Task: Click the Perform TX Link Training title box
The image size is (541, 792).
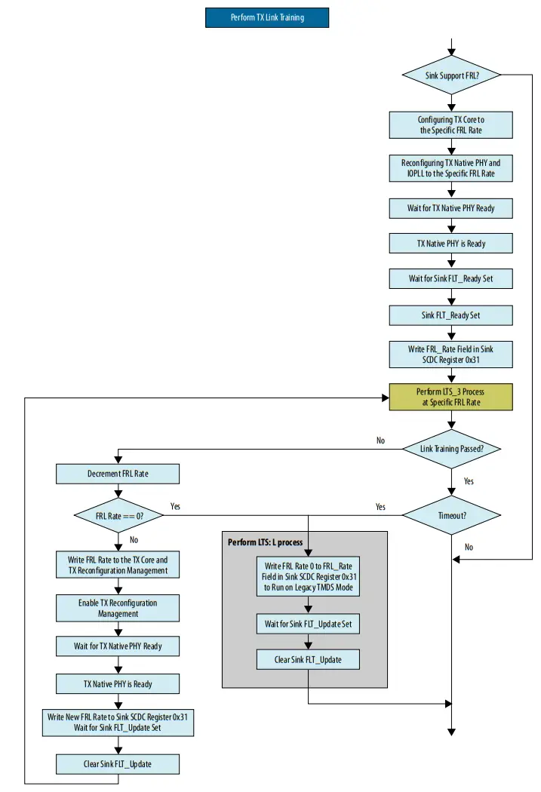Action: tap(267, 17)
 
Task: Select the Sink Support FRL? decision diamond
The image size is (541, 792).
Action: tap(450, 75)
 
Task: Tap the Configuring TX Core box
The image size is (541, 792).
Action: tap(450, 125)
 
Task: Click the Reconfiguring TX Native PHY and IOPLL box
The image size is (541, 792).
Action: tap(450, 168)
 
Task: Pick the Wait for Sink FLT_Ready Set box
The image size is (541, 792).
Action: tap(450, 278)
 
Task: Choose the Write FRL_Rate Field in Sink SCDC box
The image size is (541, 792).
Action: tap(450, 355)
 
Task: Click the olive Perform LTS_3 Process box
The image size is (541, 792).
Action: tap(450, 397)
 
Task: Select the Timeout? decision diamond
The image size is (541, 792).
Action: tap(450, 516)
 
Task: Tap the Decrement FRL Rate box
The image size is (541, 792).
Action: tap(118, 474)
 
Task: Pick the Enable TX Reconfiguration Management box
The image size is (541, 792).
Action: tap(118, 608)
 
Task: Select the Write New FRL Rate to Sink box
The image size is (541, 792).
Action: tap(118, 723)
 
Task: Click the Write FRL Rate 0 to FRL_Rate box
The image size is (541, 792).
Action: tap(307, 577)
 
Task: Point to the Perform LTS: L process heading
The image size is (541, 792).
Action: tap(265, 542)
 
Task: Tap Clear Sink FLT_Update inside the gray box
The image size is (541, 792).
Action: tap(307, 660)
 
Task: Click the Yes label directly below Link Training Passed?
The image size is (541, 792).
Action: tap(469, 481)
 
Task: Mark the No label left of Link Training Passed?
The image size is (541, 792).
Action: tap(380, 441)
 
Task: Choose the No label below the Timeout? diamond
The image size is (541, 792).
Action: tap(469, 547)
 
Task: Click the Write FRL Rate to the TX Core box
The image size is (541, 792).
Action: tap(118, 566)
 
